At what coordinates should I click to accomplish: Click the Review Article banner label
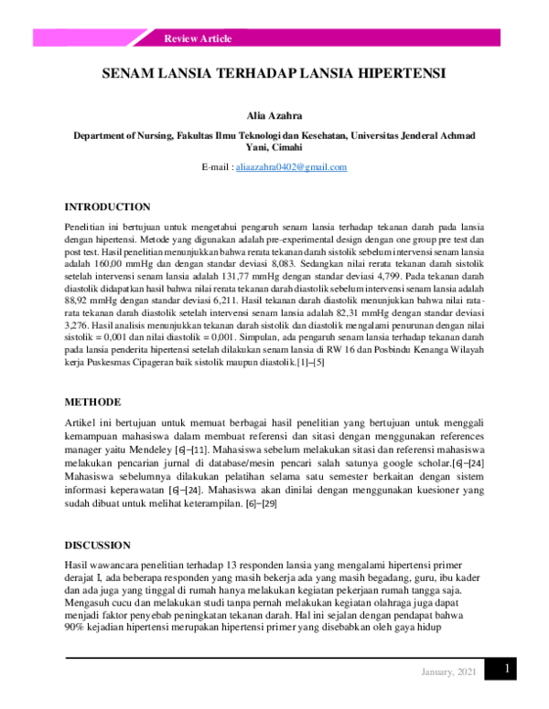click(x=198, y=38)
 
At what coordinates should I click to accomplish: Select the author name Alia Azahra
click(x=274, y=117)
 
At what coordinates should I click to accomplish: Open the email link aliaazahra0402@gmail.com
click(x=291, y=167)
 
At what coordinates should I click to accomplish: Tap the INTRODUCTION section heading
click(x=107, y=207)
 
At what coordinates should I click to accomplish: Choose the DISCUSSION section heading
click(x=97, y=545)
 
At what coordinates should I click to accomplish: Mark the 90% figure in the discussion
click(x=74, y=630)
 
